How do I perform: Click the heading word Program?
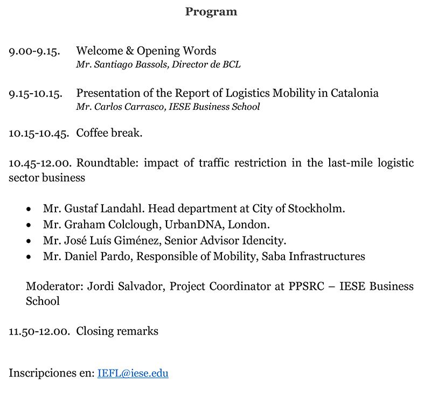coord(211,11)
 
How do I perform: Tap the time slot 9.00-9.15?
coord(34,51)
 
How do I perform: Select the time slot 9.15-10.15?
coord(36,93)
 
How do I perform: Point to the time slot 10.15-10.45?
coord(38,133)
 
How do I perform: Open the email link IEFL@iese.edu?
coord(133,373)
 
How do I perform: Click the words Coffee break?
coord(109,133)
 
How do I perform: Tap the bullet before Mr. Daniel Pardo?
coord(29,257)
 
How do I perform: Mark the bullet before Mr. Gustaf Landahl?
coord(29,208)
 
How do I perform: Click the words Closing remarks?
coord(117,331)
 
